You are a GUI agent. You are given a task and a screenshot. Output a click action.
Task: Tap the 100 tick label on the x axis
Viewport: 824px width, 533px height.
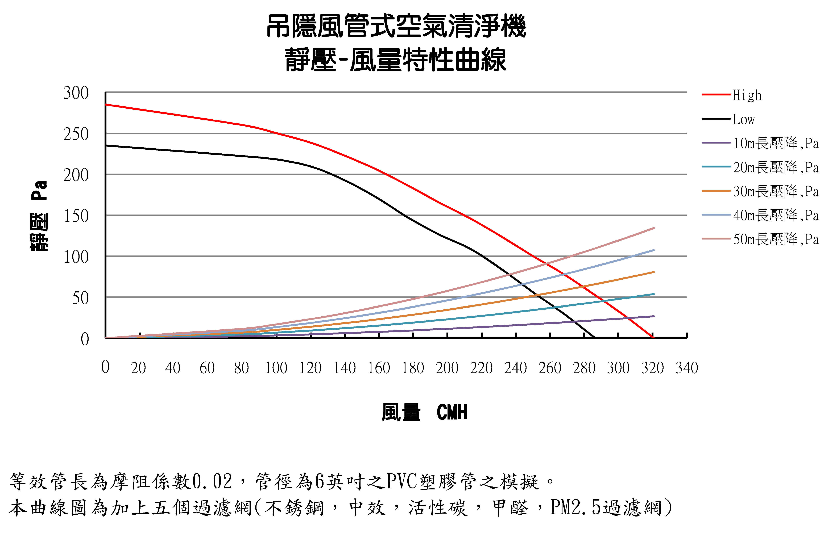pos(276,368)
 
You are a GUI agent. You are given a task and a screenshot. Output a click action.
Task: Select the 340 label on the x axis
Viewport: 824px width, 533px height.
pos(687,368)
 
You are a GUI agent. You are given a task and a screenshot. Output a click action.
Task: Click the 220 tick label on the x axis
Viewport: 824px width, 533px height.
pos(481,368)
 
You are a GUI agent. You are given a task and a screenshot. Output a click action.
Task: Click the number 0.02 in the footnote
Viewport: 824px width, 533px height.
pos(212,482)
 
